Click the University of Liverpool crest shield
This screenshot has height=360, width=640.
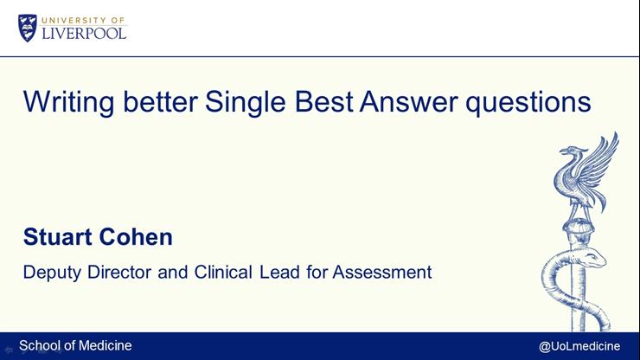[x=27, y=28]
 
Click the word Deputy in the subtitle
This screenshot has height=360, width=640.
[x=49, y=273]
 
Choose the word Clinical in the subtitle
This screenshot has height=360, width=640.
[x=221, y=273]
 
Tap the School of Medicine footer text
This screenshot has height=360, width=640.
[x=75, y=345]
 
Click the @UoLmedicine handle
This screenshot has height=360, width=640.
[x=579, y=346]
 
